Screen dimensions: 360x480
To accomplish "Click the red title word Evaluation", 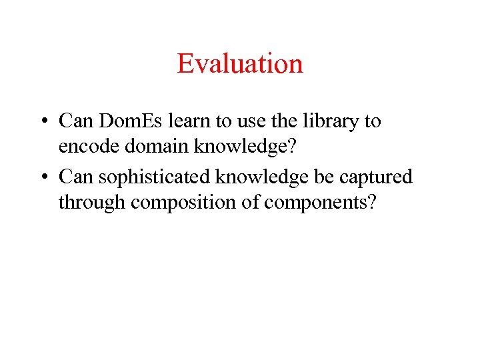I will (240, 63).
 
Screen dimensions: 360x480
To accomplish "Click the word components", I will (319, 202).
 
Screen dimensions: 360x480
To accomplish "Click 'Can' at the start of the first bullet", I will (74, 121).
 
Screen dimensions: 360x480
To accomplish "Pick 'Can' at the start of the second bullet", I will (74, 177).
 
